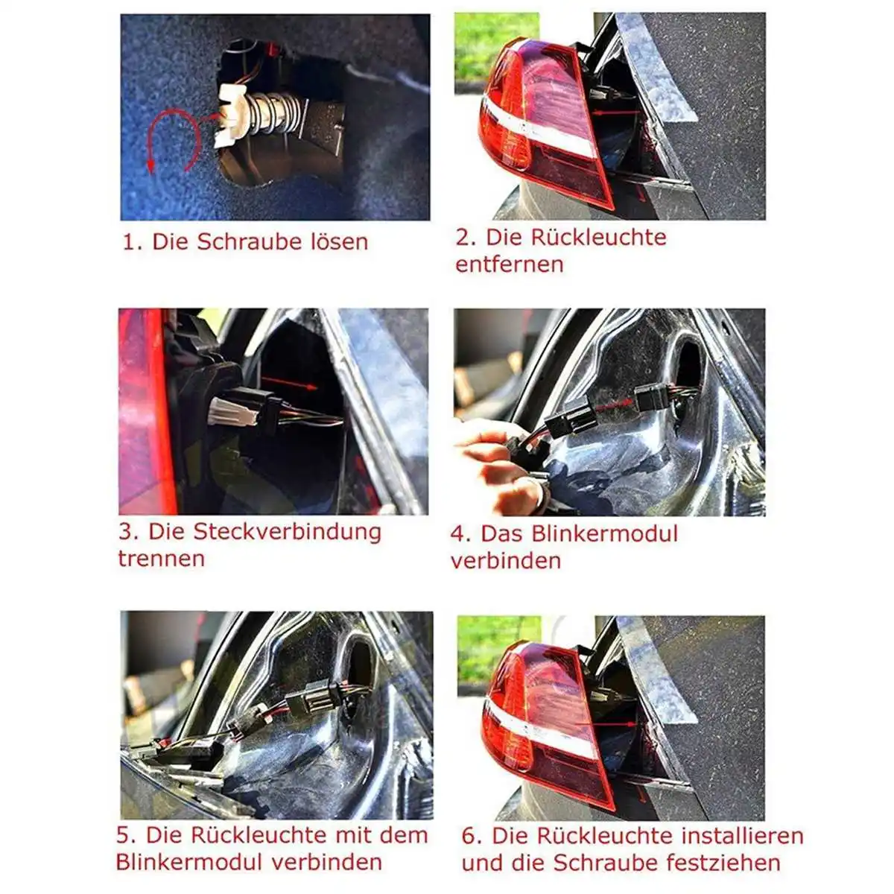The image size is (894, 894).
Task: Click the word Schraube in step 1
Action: tap(249, 241)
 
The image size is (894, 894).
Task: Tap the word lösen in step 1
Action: tap(339, 241)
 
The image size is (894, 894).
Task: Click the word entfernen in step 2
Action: tap(510, 264)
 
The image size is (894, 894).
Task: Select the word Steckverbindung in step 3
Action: tap(287, 532)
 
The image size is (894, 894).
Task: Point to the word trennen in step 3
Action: tap(161, 558)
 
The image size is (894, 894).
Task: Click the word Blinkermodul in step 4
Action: tap(604, 533)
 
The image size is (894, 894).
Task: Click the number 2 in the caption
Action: tap(463, 237)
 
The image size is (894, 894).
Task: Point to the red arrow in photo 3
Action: tap(289, 383)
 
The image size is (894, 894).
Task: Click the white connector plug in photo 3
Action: tap(231, 411)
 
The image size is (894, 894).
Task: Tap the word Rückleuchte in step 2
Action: tap(598, 237)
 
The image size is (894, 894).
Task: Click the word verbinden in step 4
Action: tap(506, 561)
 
